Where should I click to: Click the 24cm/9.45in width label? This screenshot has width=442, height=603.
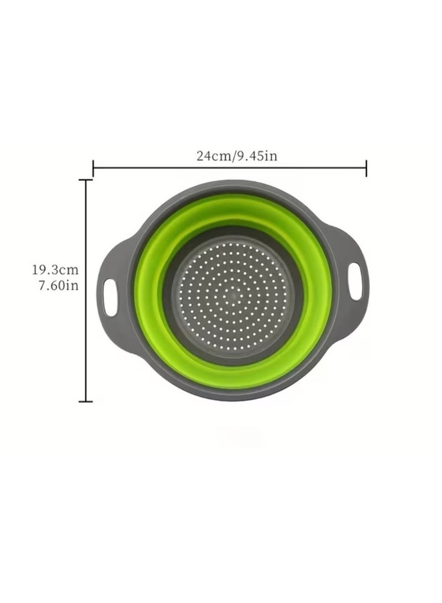coord(237,156)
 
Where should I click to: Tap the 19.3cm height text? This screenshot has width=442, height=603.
coord(55,270)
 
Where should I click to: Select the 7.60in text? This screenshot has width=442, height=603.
coord(59,285)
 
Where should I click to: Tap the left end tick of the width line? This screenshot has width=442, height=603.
coord(93,168)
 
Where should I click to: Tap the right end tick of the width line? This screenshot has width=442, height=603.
coord(366,168)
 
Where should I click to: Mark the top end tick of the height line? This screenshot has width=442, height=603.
coord(86,180)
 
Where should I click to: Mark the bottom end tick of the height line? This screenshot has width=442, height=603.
coord(86,401)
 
